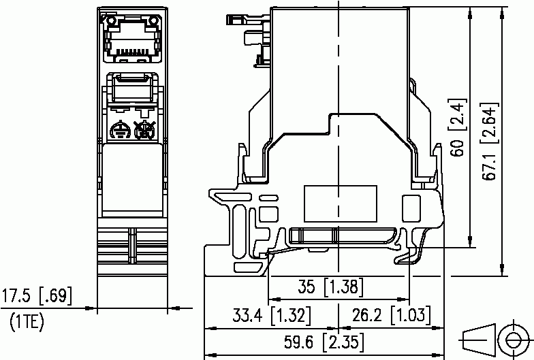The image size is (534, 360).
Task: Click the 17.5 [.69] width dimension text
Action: [x=37, y=295]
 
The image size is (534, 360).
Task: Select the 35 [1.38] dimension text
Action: [x=331, y=287]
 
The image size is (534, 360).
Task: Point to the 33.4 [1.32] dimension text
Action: [x=272, y=315]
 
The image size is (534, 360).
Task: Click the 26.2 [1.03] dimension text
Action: [x=391, y=315]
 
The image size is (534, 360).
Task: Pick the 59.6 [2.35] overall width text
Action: [x=324, y=342]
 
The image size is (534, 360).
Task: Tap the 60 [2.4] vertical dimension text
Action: [x=458, y=128]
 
